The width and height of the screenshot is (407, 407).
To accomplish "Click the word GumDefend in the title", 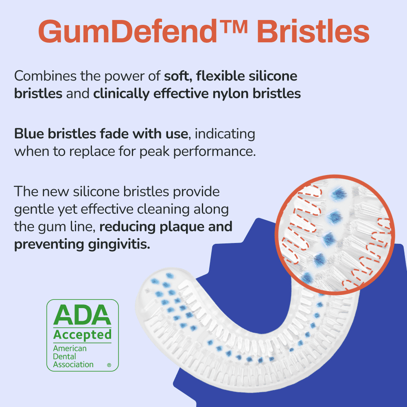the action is [127, 31].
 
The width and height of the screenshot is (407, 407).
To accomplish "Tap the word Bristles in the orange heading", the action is [313, 31].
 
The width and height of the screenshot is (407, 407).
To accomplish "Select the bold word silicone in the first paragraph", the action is [273, 76].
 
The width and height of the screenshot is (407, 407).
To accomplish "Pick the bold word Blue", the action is [29, 134].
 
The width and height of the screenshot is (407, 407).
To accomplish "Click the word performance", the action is [214, 151].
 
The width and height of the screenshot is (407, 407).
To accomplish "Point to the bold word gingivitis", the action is [119, 245].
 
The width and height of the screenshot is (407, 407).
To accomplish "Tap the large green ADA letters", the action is [82, 315].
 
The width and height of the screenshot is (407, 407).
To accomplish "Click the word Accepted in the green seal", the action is [82, 335].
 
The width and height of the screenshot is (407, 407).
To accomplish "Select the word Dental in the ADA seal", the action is [64, 357].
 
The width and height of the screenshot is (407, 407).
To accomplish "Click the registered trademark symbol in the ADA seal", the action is [109, 365].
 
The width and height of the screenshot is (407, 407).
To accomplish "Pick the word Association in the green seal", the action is [73, 364].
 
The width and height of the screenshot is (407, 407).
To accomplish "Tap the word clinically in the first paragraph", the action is [121, 94].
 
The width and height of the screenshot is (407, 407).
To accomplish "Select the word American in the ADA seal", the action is [70, 348].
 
